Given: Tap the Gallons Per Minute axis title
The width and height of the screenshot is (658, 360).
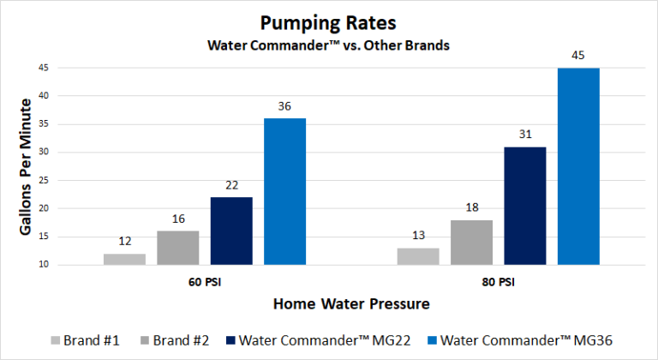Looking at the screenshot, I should click(26, 166).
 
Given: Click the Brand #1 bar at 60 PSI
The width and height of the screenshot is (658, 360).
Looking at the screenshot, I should click(124, 259).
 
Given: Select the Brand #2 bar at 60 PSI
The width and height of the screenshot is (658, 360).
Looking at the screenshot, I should click(177, 248).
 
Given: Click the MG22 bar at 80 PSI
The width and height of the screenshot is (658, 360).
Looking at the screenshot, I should click(524, 206).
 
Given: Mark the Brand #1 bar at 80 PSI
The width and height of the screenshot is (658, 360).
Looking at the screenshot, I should click(418, 256).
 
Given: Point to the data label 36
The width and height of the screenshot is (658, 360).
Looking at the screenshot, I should click(284, 107).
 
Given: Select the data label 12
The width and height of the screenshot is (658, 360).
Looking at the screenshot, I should click(124, 243).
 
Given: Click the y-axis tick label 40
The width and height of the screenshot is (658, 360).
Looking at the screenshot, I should click(42, 96).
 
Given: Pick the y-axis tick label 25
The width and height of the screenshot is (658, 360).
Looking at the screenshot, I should click(42, 181).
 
